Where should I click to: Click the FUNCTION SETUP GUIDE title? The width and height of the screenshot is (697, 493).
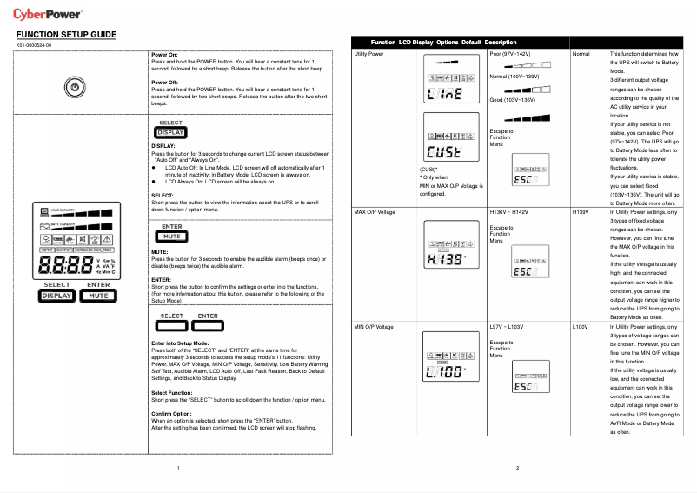(66, 35)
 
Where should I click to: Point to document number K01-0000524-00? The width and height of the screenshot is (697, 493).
(34, 45)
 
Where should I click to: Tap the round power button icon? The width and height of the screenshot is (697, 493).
(76, 87)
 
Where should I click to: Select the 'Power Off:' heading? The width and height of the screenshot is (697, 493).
(165, 82)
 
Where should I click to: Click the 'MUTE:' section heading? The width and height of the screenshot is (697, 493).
(160, 252)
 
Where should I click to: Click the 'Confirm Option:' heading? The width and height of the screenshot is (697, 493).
(171, 413)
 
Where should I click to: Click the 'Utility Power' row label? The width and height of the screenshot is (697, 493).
(369, 54)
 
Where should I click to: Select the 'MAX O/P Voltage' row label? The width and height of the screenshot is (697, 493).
(375, 212)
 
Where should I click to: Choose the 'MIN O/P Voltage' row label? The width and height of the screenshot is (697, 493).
(374, 327)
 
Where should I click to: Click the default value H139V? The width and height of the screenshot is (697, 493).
(581, 212)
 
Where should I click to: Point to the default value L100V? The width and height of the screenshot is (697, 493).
(581, 327)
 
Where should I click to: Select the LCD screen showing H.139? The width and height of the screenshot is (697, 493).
(448, 252)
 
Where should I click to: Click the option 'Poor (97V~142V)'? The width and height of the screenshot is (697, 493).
(509, 54)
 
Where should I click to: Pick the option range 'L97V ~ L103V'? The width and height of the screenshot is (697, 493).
(508, 327)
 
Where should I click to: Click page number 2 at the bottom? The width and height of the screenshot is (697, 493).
(517, 469)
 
